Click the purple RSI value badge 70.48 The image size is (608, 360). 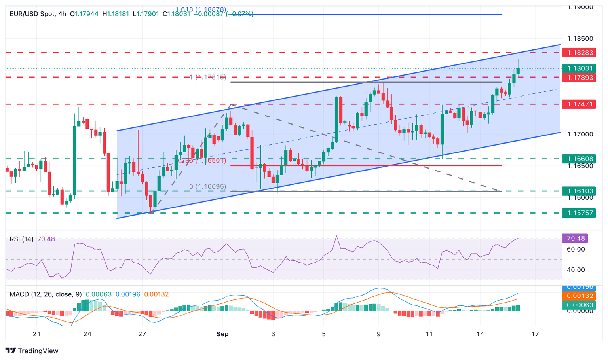click(x=576, y=238)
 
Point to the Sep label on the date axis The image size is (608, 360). click(x=222, y=334)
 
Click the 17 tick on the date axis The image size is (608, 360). click(x=535, y=334)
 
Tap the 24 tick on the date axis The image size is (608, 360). click(x=87, y=334)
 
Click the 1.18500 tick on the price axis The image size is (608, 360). click(x=580, y=39)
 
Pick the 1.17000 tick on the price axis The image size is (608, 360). click(x=580, y=135)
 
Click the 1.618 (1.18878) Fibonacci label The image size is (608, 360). click(x=201, y=9)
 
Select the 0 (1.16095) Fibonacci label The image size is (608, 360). click(x=207, y=186)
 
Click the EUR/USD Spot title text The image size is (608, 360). click(x=32, y=14)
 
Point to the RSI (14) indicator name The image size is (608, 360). click(x=21, y=239)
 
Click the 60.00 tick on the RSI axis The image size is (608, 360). click(x=576, y=249)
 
